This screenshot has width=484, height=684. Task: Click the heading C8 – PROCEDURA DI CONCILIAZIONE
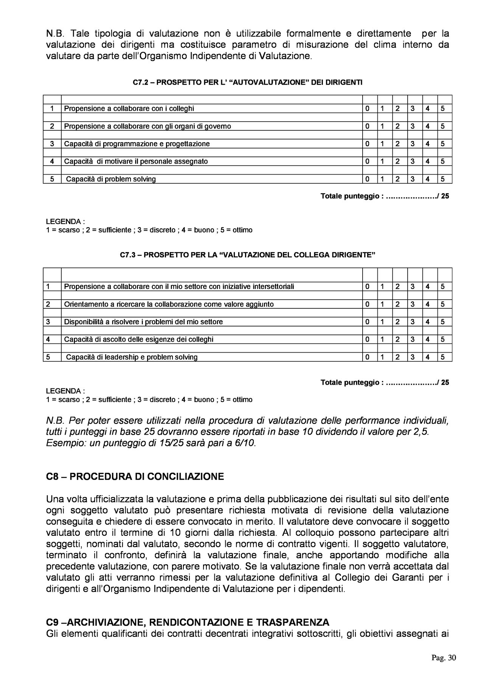click(135, 477)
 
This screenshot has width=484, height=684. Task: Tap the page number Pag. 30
click(444, 658)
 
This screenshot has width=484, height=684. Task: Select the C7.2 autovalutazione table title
click(248, 82)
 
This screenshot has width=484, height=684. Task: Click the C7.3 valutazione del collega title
click(248, 255)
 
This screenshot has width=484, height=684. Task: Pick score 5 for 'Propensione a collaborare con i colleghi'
click(443, 109)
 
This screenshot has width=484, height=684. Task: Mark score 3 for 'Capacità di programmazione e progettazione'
click(413, 144)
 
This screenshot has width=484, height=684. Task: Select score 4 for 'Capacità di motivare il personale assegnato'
click(428, 162)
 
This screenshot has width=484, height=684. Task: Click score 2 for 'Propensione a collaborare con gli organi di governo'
click(397, 126)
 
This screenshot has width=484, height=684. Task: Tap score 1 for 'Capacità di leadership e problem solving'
click(382, 357)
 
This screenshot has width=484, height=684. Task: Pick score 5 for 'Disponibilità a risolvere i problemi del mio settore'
click(443, 322)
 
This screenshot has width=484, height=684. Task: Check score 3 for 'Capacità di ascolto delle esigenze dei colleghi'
click(413, 339)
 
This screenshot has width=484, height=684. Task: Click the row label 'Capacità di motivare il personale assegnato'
click(136, 162)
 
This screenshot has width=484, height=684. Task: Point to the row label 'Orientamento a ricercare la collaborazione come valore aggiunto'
click(169, 304)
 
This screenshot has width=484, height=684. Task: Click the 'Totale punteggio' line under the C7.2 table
click(385, 197)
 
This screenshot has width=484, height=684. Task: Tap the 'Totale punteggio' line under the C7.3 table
click(385, 382)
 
